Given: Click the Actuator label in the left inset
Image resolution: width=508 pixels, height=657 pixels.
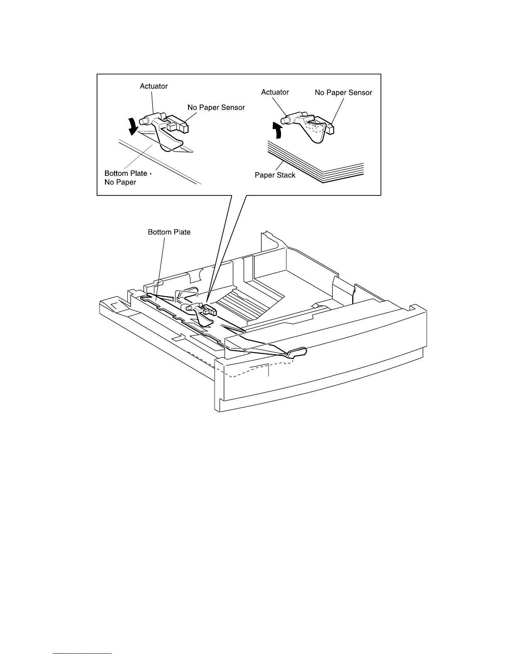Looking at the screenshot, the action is tap(154, 86).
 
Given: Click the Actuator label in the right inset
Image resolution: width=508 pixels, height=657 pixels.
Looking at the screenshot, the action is tap(275, 92).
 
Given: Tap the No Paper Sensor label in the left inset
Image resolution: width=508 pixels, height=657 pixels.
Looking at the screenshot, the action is tap(216, 107).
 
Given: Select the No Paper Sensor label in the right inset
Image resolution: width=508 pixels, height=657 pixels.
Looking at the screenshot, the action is tap(343, 92).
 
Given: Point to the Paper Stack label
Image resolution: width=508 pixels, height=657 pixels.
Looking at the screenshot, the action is tap(275, 175).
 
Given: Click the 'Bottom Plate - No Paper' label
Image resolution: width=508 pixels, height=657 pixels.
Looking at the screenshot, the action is tap(128, 178).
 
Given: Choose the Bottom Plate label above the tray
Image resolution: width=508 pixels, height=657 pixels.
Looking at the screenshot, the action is tap(169, 232).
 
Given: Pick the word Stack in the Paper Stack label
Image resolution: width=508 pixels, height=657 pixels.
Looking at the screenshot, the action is tap(286, 175).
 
